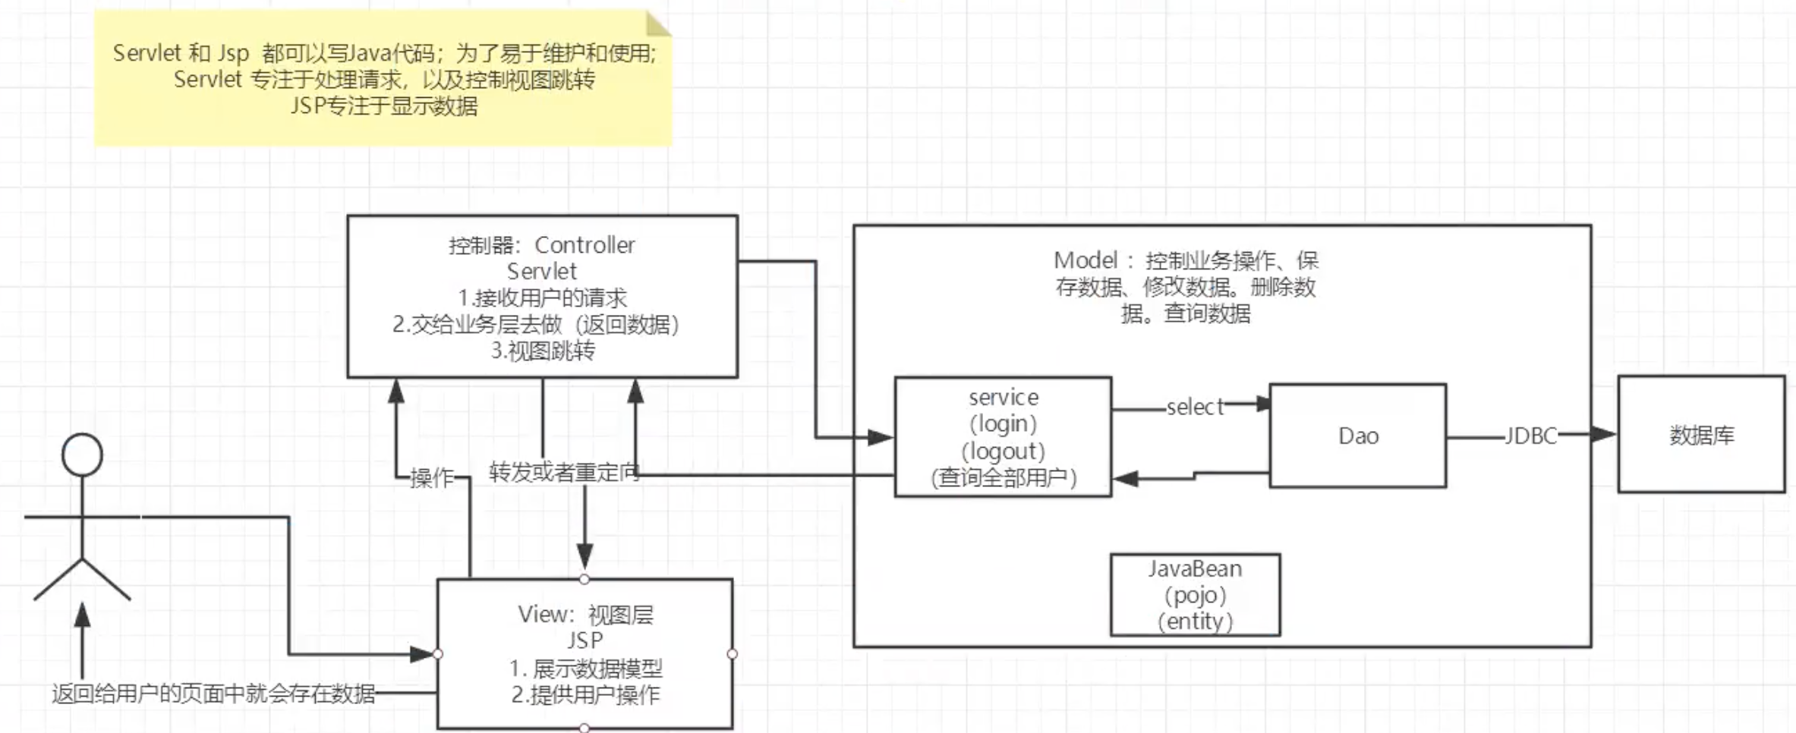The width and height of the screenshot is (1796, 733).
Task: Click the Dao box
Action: point(1357,436)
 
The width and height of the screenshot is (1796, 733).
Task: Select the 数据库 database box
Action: point(1701,435)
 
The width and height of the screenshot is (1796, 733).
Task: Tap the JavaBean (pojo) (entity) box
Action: point(1195,595)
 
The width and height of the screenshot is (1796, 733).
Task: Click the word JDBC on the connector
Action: point(1530,436)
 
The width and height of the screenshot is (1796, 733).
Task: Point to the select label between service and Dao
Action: point(1194,407)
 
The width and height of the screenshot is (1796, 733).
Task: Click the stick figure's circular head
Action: point(82,455)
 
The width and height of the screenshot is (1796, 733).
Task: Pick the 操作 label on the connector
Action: point(431,478)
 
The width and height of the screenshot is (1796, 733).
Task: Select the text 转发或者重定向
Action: point(564,472)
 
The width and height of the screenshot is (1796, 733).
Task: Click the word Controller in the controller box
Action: point(584,245)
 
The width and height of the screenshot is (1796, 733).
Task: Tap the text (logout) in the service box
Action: point(1003,451)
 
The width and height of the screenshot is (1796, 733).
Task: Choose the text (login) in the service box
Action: point(1003,423)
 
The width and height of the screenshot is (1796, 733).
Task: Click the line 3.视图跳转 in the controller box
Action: point(543,351)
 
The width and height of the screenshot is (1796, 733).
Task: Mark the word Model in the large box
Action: point(1085,260)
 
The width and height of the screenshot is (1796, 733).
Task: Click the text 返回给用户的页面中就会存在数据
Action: point(213,694)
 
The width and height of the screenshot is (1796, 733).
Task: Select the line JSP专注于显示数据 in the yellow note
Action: point(383,105)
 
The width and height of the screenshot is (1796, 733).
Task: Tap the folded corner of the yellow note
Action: point(657,24)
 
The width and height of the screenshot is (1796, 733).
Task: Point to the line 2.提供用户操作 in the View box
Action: point(585,695)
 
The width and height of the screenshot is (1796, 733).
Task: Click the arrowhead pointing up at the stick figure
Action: point(82,614)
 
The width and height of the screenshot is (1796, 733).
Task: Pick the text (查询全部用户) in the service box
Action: point(1003,478)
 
